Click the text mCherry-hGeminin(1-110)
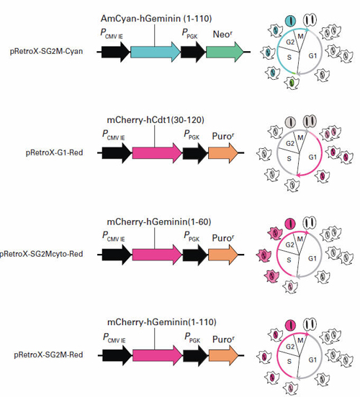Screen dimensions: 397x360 (x=158, y=321)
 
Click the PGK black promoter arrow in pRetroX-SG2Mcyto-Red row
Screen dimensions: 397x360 (x=193, y=253)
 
